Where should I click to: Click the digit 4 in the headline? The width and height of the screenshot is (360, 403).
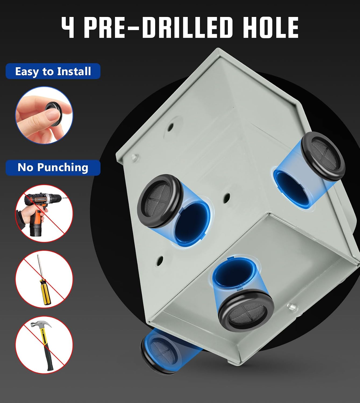[68, 27]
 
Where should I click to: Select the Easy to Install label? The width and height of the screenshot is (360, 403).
[53, 71]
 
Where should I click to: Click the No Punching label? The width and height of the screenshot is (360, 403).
[53, 167]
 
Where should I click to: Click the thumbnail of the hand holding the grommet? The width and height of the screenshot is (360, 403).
[44, 115]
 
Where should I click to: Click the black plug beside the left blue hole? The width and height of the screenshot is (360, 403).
[159, 201]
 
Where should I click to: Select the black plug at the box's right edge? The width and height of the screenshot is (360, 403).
[323, 156]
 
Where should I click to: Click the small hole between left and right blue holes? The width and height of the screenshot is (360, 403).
[226, 198]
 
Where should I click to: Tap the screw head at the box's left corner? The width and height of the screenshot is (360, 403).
[135, 157]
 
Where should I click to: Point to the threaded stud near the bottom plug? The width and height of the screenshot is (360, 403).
[292, 308]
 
